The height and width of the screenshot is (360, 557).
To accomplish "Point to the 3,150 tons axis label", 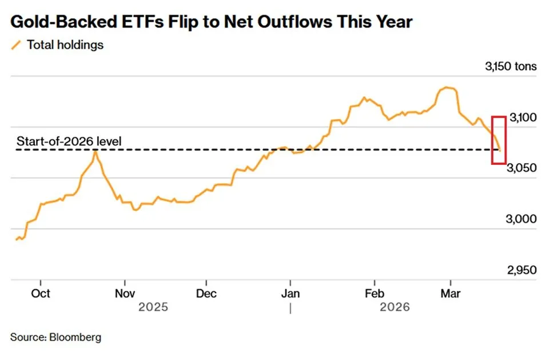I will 511,66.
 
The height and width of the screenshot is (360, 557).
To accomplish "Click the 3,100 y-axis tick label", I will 522,118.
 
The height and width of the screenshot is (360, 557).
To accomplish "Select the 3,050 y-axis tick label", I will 522,168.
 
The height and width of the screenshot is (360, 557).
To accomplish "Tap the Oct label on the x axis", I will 41,294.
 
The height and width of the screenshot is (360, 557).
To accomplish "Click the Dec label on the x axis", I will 206,294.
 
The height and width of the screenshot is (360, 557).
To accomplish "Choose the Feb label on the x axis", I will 374,294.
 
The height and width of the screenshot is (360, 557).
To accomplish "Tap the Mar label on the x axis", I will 451,294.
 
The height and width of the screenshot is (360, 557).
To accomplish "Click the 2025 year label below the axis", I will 153,307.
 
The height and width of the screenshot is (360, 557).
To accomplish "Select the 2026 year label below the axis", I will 395,307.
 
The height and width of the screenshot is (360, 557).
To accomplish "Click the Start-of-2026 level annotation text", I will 69,141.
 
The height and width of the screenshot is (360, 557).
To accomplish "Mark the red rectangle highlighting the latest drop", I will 499,140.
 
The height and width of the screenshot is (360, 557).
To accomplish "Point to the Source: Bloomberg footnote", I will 55,337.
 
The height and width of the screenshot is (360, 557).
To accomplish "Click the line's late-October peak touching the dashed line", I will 96,151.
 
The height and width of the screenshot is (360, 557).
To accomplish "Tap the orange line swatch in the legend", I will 17,45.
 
